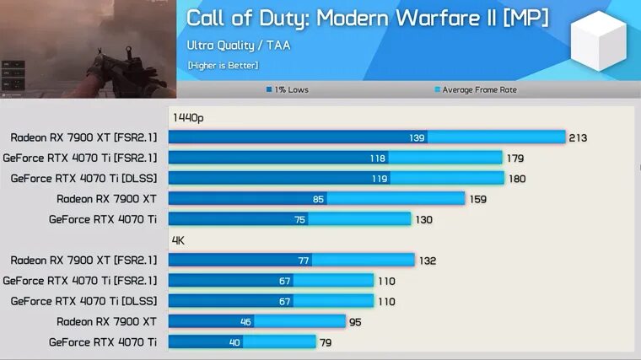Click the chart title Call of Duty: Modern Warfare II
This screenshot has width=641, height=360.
(x=367, y=18)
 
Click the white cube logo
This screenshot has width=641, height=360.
(x=598, y=42)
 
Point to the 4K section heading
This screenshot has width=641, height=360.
(x=179, y=240)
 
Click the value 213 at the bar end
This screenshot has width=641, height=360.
(x=578, y=137)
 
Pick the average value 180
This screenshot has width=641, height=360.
(x=516, y=179)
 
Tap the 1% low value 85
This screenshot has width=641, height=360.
(x=317, y=199)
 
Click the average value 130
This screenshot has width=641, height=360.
(x=423, y=219)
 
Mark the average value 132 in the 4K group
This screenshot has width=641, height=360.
(x=427, y=261)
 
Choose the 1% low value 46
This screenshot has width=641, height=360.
(x=245, y=321)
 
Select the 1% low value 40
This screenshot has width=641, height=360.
(x=234, y=341)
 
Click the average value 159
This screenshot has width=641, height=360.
(x=477, y=199)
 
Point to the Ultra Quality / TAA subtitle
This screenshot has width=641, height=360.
(x=238, y=46)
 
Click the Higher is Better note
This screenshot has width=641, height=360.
(x=223, y=65)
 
